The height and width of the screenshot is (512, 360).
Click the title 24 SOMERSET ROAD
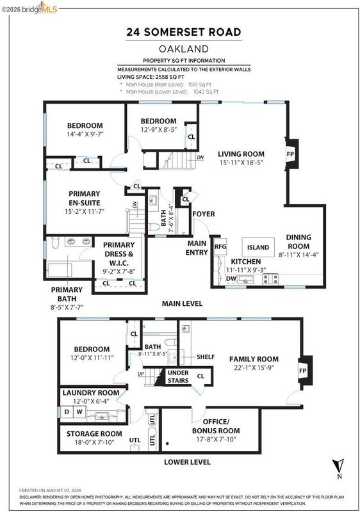[184, 32]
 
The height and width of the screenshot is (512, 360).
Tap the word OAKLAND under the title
[184, 49]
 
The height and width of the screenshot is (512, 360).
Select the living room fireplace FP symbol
[290, 154]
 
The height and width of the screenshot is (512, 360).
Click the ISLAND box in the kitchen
[258, 248]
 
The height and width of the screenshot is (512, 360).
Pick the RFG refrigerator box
[220, 247]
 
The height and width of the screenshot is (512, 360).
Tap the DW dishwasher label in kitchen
[231, 278]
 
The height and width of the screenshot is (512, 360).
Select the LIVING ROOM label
[241, 154]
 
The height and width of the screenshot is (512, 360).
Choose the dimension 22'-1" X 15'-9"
[254, 367]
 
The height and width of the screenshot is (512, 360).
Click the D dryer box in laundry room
[67, 412]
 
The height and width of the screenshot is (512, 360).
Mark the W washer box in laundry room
[79, 412]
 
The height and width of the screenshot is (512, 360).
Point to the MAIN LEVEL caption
[183, 303]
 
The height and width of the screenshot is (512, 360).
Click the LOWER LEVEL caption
[187, 462]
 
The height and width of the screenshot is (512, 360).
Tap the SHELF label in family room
[206, 357]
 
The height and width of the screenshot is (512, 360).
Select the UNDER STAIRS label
[178, 376]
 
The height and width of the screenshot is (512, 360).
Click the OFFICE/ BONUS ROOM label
[216, 426]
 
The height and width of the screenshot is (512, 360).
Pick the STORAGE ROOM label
[94, 434]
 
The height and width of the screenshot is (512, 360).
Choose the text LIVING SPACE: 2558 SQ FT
[151, 77]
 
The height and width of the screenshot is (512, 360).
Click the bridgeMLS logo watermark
[29, 8]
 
